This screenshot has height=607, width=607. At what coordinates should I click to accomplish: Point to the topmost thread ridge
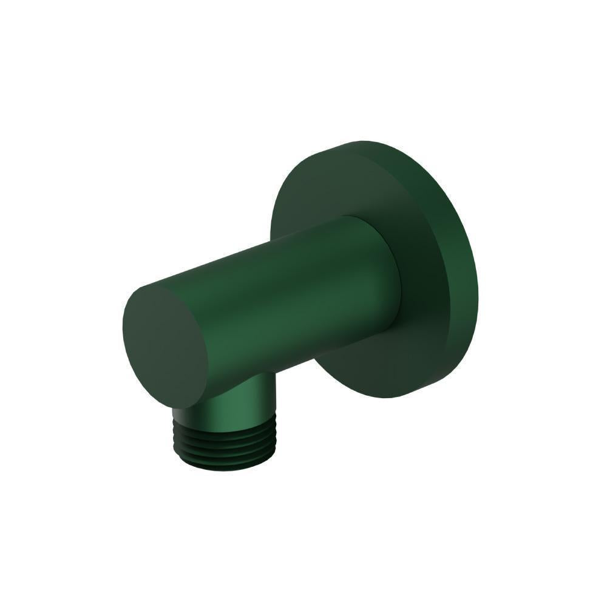tap(225, 425)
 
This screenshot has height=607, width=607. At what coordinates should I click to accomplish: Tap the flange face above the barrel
tap(322, 188)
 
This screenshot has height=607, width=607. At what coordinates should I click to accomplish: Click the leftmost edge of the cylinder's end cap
tap(123, 340)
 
